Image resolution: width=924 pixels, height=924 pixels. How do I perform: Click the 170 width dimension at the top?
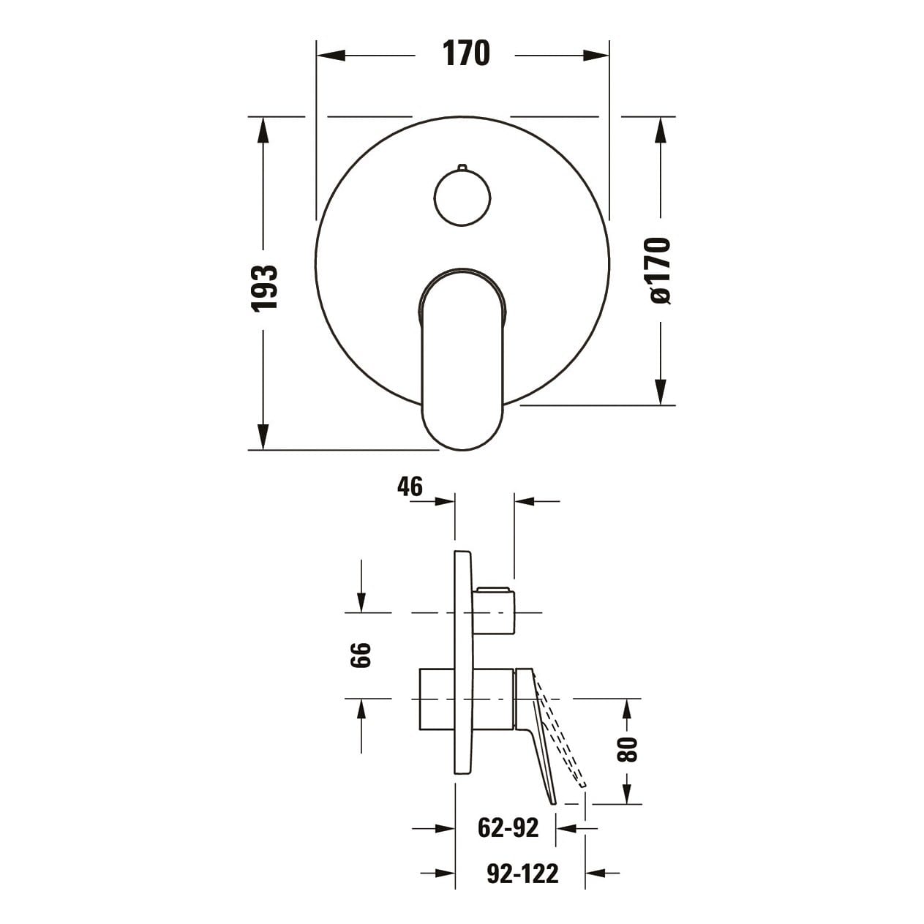click(x=465, y=53)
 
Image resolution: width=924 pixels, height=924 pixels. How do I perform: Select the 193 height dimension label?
click(x=265, y=289)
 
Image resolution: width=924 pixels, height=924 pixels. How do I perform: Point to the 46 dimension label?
click(x=410, y=487)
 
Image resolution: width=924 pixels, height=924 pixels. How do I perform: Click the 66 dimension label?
click(x=361, y=655)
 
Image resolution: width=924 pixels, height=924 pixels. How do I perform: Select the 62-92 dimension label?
click(x=508, y=827)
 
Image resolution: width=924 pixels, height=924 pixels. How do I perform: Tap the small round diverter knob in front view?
click(x=462, y=197)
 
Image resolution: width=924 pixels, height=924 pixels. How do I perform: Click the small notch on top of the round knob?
click(x=462, y=167)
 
